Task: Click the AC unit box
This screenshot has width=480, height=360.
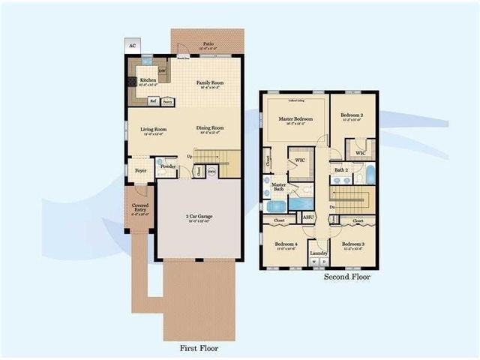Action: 132,46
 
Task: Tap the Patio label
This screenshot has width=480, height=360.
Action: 208,44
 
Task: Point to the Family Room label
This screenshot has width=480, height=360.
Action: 210,82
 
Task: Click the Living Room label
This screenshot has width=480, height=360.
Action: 154,129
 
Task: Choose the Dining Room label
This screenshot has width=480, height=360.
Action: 210,128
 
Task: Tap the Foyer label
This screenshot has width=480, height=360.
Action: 140,170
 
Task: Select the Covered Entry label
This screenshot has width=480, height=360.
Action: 140,206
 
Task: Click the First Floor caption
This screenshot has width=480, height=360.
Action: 199,349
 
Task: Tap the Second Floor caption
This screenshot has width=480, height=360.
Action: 346,277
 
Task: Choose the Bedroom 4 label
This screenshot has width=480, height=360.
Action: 286,244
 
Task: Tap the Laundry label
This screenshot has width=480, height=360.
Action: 319,253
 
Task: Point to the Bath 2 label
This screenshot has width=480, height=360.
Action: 341,170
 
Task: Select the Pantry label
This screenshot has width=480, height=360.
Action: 167,100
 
